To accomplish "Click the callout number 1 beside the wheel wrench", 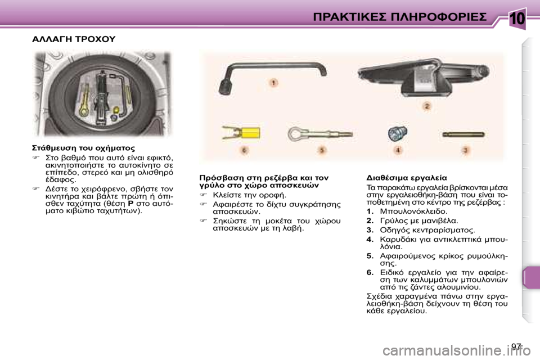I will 273,83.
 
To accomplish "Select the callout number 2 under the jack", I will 427,106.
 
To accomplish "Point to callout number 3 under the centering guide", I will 465,150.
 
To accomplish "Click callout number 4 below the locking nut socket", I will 398,150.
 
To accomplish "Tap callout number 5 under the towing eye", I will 322,150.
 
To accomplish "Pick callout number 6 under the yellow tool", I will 244,151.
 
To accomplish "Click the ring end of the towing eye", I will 297,134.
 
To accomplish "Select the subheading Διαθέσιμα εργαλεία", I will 406,177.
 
